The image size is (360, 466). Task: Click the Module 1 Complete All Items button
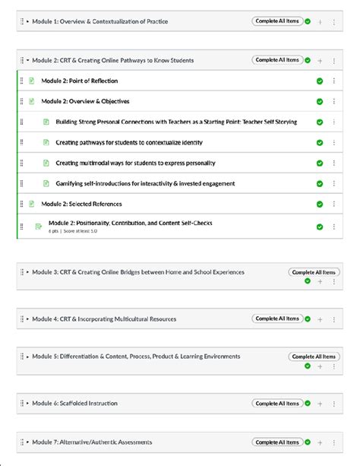click(277, 21)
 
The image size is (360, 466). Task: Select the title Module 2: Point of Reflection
click(79, 81)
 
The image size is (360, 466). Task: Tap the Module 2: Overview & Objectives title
click(85, 101)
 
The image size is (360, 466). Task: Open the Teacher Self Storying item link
click(175, 122)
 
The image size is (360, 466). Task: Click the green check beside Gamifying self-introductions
click(320, 184)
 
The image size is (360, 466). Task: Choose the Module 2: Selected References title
click(81, 204)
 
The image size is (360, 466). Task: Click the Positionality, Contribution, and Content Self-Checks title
click(130, 223)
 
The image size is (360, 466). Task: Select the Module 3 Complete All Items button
click(314, 272)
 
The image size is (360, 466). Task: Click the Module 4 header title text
click(104, 319)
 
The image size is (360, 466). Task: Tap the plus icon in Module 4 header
click(321, 319)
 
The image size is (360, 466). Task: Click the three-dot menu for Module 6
click(334, 404)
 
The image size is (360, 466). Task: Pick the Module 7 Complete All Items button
click(277, 442)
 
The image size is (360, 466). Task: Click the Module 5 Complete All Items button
click(314, 357)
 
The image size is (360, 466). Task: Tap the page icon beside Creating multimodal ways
click(46, 163)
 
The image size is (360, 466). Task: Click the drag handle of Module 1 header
click(21, 21)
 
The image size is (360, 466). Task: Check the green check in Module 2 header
click(308, 60)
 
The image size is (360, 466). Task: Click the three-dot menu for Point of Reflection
click(334, 81)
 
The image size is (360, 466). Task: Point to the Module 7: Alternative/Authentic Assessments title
click(92, 442)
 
